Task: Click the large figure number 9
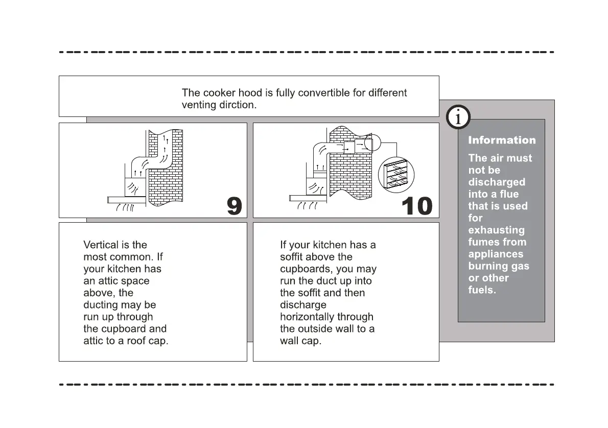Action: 235,206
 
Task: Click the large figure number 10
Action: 417,206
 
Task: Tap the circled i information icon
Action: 458,117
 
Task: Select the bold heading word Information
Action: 502,140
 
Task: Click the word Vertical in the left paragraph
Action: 100,245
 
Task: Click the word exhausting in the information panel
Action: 496,230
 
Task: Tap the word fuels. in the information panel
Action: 482,290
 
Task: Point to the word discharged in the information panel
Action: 496,182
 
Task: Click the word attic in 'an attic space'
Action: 107,281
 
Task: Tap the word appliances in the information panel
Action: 496,254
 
